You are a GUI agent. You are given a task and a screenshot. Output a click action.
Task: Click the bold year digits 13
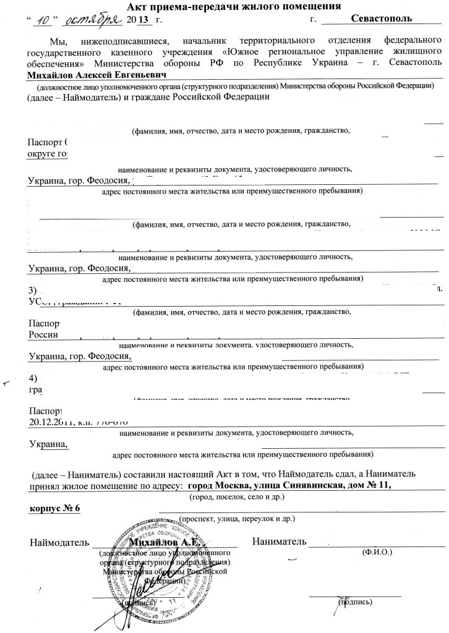click(143, 21)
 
